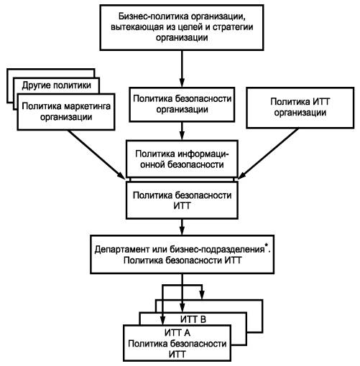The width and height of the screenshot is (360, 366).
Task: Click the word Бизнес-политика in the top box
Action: (153, 17)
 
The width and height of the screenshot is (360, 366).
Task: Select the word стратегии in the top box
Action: (233, 27)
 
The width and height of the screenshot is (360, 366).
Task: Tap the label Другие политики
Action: (57, 85)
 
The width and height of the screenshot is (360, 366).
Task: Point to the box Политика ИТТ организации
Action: (300, 108)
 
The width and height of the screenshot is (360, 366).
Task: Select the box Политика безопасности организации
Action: (182, 104)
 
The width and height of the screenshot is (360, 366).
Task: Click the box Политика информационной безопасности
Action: (182, 159)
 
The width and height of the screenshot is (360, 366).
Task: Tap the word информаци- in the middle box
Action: (203, 154)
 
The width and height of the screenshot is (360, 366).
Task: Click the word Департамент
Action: (122, 250)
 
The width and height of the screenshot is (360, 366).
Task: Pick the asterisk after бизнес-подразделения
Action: (267, 245)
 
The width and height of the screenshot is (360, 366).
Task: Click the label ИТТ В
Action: (193, 319)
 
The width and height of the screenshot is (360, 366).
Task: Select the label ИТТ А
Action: (177, 333)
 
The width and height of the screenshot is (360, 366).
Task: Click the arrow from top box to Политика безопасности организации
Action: (182, 69)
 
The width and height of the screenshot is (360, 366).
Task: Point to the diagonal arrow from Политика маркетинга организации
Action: (96, 154)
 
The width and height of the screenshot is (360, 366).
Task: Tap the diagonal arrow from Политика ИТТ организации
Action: (268, 154)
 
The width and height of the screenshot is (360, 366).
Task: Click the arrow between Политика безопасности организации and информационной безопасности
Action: (182, 131)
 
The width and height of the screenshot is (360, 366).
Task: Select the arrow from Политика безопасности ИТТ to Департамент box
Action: (182, 227)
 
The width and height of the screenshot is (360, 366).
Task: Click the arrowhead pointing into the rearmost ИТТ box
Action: (202, 295)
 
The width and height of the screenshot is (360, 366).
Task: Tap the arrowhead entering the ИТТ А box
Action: (163, 320)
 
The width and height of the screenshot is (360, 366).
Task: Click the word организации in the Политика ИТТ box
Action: (300, 113)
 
